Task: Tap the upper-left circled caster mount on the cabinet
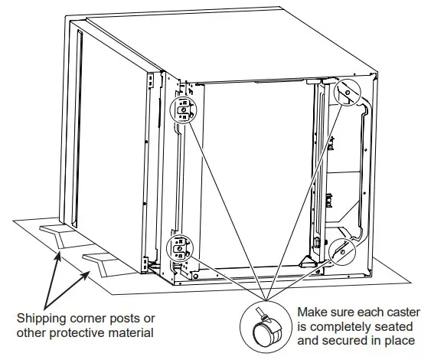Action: pos(181,110)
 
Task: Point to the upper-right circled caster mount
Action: pos(347,93)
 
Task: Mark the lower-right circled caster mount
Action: pos(342,250)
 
